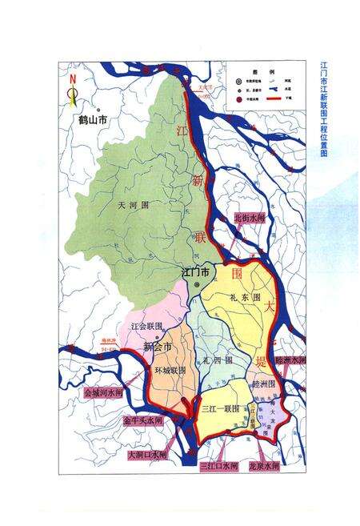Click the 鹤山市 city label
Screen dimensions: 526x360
(94, 121)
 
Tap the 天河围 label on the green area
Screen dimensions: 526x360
(134, 206)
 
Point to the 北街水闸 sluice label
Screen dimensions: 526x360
(249, 219)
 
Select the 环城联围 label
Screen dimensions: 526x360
(170, 371)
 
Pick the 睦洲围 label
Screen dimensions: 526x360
(263, 383)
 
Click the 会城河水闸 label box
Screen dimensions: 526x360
(104, 394)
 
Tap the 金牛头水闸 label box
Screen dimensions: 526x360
(142, 420)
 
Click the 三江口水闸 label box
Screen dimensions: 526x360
(219, 465)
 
